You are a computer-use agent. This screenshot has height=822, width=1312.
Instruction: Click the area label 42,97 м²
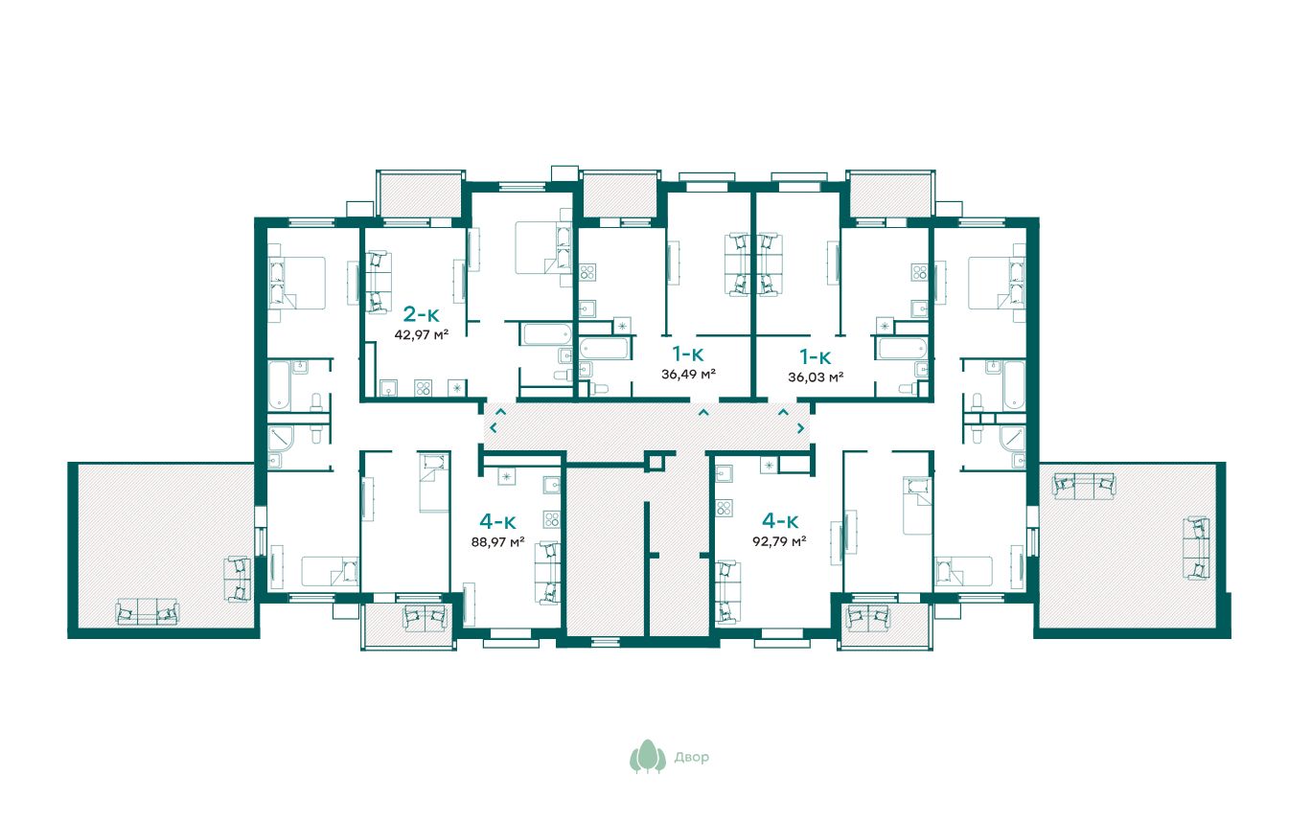pyautogui.click(x=421, y=335)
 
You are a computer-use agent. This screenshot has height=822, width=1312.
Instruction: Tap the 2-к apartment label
pyautogui.click(x=421, y=314)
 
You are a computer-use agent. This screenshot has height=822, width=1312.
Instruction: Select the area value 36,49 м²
pyautogui.click(x=688, y=374)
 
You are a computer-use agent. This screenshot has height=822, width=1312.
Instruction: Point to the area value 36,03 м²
pyautogui.click(x=816, y=377)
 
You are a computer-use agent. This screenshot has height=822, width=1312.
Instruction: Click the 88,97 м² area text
pyautogui.click(x=497, y=542)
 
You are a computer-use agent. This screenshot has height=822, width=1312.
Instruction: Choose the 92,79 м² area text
pyautogui.click(x=779, y=541)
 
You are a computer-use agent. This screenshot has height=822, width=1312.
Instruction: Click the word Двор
pyautogui.click(x=691, y=757)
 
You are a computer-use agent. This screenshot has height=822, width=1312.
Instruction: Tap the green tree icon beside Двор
pyautogui.click(x=648, y=756)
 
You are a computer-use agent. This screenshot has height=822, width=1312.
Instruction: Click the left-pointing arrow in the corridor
pyautogui.click(x=494, y=428)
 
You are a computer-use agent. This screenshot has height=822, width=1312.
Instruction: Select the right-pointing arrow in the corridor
pyautogui.click(x=800, y=428)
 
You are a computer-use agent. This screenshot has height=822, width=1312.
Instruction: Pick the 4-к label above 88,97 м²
pyautogui.click(x=497, y=521)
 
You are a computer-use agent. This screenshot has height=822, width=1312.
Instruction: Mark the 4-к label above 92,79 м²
pyautogui.click(x=779, y=520)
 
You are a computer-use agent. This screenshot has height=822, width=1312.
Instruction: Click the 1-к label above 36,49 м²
pyautogui.click(x=688, y=354)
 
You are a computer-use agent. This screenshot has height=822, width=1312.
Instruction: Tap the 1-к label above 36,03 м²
pyautogui.click(x=816, y=356)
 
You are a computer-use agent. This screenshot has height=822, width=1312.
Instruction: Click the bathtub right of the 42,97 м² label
pyautogui.click(x=546, y=334)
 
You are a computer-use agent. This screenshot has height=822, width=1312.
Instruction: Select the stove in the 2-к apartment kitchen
pyautogui.click(x=423, y=388)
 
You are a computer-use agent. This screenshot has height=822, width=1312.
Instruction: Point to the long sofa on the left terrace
pyautogui.click(x=147, y=612)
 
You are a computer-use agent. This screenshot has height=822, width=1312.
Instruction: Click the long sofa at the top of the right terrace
pyautogui.click(x=1084, y=486)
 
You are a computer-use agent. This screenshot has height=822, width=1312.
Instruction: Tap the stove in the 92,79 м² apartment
pyautogui.click(x=724, y=508)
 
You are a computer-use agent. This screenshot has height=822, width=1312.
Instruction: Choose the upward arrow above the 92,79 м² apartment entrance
pyautogui.click(x=783, y=412)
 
